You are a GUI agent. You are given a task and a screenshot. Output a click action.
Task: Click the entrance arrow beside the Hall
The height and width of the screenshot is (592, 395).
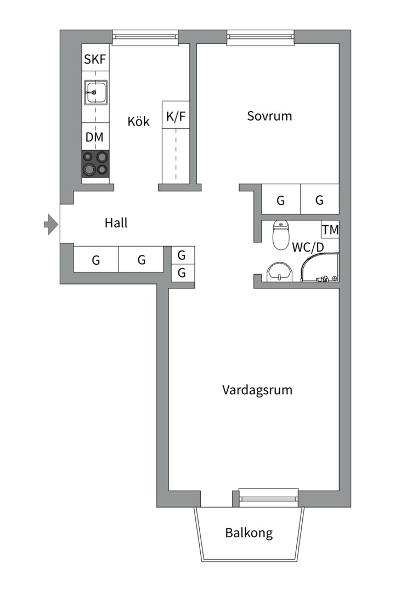50,224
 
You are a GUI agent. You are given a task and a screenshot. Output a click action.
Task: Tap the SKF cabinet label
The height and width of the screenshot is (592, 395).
95,60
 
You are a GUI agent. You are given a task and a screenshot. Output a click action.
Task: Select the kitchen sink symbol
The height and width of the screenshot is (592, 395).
95,93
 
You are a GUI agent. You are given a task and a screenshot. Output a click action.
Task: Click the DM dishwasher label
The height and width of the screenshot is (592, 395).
95,138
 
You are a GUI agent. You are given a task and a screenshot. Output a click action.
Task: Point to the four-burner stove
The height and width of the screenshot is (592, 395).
95,163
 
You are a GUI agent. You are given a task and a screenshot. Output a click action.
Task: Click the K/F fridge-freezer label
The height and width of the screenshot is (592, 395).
176,116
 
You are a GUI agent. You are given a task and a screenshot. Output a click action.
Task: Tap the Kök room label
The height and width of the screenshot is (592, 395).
138,122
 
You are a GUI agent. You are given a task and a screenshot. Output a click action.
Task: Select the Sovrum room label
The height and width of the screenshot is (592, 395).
269,116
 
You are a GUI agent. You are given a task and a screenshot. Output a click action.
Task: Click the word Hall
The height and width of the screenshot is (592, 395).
116,223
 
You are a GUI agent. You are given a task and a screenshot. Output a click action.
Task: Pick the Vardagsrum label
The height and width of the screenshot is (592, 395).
257,390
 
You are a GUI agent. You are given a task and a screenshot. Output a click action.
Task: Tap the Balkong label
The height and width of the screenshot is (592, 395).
249,533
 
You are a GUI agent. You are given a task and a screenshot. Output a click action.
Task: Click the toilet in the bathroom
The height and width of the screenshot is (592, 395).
281,235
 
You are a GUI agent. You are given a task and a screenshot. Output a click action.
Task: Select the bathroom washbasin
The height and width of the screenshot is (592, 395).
279,272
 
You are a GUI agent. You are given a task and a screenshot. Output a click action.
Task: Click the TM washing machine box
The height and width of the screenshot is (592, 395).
330,230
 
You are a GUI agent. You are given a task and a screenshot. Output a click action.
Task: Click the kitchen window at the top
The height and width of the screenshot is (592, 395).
145,37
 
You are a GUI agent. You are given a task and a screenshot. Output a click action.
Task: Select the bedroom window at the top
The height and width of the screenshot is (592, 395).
261,37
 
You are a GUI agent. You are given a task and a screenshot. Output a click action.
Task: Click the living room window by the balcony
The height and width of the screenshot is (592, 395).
269,497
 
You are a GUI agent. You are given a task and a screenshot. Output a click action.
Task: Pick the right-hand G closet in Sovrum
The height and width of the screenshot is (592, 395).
319,200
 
